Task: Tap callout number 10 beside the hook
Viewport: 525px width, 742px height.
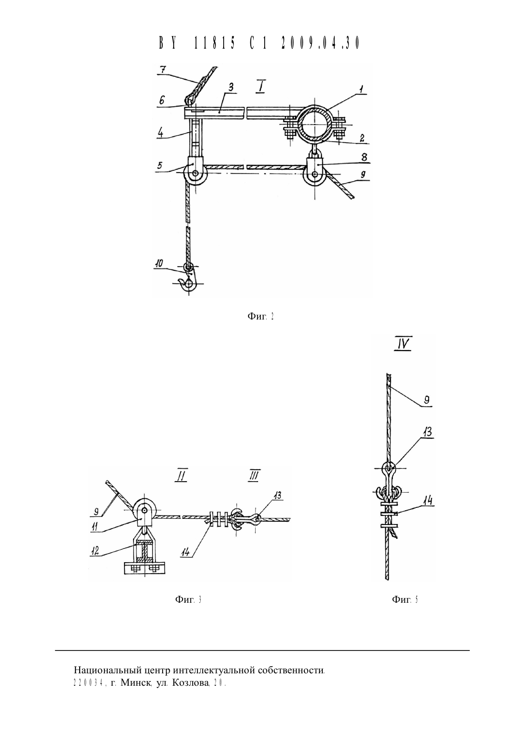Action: (159, 263)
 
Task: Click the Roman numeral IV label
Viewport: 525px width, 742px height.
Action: (403, 344)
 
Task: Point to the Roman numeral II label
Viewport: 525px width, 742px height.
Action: (181, 476)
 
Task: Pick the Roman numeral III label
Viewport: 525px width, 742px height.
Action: (254, 476)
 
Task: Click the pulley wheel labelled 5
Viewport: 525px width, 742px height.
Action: (196, 173)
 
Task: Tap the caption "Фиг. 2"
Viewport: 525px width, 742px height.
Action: (261, 316)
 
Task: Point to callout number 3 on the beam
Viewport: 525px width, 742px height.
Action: (231, 87)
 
